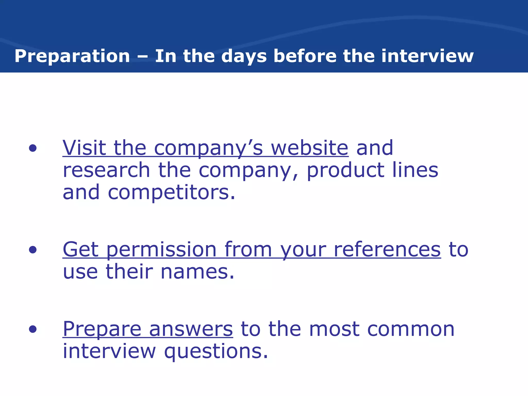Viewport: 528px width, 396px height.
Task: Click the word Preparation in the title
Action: click(x=72, y=56)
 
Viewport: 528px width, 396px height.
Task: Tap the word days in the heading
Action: click(x=244, y=56)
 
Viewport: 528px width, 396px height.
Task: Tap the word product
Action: click(x=345, y=171)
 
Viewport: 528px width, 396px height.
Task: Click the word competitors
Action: click(x=171, y=193)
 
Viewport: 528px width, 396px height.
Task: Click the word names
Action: click(x=197, y=272)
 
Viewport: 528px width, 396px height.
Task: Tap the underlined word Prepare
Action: click(x=102, y=329)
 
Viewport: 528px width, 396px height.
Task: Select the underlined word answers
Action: click(x=191, y=329)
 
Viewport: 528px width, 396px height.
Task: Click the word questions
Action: click(x=216, y=352)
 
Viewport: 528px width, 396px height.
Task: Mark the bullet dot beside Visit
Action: click(x=33, y=148)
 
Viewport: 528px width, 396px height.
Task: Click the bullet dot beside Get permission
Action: click(x=33, y=250)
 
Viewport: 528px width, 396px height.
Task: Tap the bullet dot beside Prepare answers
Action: click(x=33, y=329)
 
